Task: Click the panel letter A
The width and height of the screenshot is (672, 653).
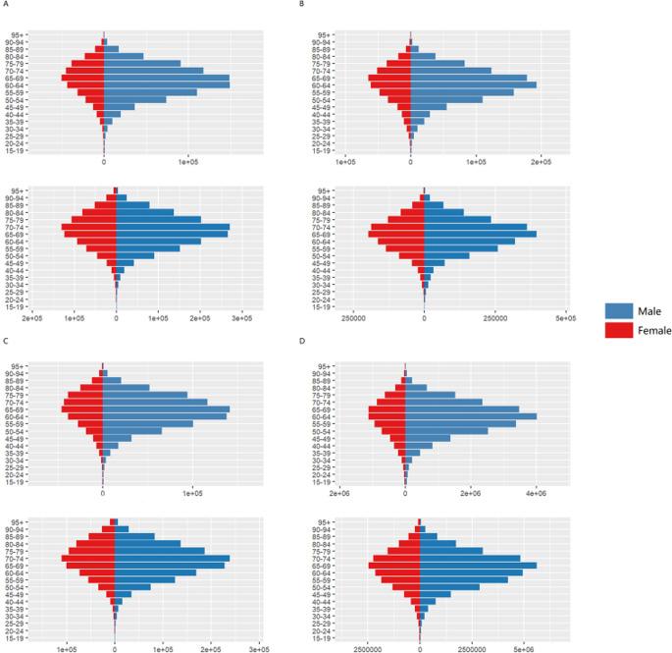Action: pos(5,6)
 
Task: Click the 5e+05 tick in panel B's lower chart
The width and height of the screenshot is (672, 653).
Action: pos(564,318)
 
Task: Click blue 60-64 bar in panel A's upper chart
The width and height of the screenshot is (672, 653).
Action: pos(167,85)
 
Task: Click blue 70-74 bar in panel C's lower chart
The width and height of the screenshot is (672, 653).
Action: pos(172,558)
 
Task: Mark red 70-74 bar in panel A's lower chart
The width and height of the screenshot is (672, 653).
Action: pos(89,227)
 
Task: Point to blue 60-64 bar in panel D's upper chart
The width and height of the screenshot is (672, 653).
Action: pos(471,416)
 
